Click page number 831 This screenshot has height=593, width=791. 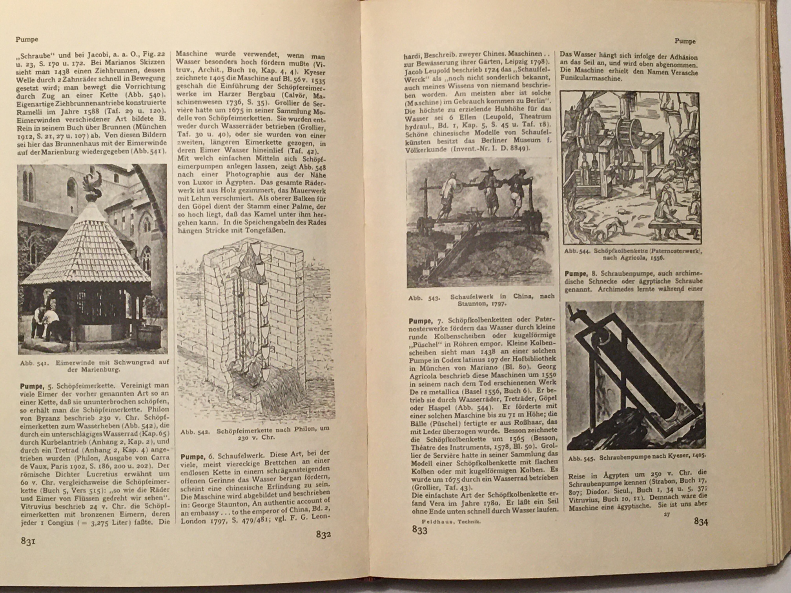coord(28,541)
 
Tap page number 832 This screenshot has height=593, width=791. coord(323,535)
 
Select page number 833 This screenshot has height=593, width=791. coord(419,530)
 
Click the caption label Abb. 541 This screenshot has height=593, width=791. coord(34,363)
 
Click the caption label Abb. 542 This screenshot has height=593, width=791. coord(194,432)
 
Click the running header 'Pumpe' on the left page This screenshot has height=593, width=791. coord(27,39)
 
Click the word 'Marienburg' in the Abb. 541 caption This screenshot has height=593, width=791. coord(103,370)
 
